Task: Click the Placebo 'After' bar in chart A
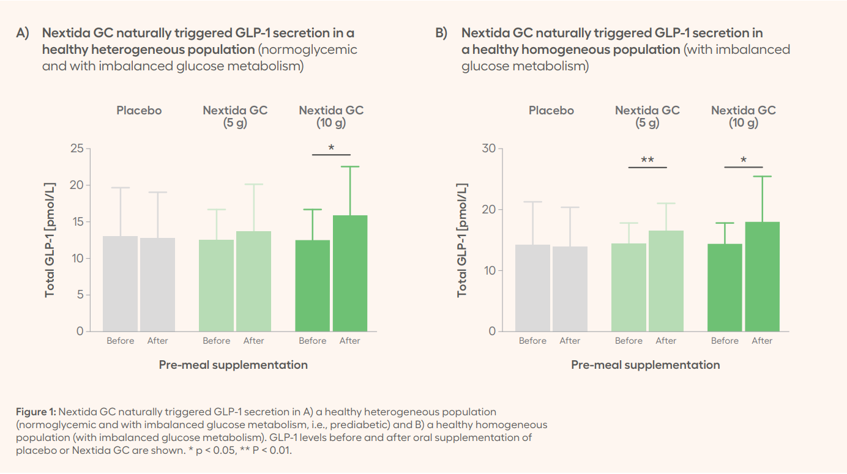pyautogui.click(x=157, y=284)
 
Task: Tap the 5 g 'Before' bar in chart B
pyautogui.click(x=629, y=287)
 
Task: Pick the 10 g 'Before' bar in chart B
pyautogui.click(x=725, y=287)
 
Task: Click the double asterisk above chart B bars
pyautogui.click(x=647, y=160)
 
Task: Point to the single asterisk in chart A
pyautogui.click(x=331, y=148)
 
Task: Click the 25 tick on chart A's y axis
pyautogui.click(x=76, y=149)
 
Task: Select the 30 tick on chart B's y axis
pyautogui.click(x=489, y=149)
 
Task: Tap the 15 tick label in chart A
pyautogui.click(x=76, y=222)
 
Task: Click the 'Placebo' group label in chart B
pyautogui.click(x=551, y=111)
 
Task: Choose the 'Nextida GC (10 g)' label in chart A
pyautogui.click(x=331, y=116)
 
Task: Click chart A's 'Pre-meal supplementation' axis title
pyautogui.click(x=233, y=365)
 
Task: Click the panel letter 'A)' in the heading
pyautogui.click(x=23, y=33)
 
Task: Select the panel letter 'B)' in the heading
pyautogui.click(x=441, y=33)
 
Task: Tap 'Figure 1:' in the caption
pyautogui.click(x=36, y=412)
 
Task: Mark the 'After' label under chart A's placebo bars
pyautogui.click(x=157, y=341)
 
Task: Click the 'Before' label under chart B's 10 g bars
pyautogui.click(x=725, y=341)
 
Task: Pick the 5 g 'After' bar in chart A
pyautogui.click(x=253, y=281)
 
